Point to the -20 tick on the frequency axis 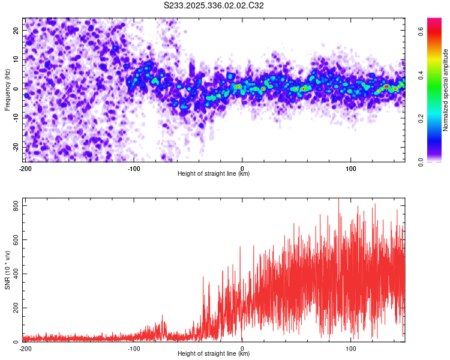pos(14,147)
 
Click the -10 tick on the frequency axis pos(14,118)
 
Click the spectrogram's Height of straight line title pos(214,174)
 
